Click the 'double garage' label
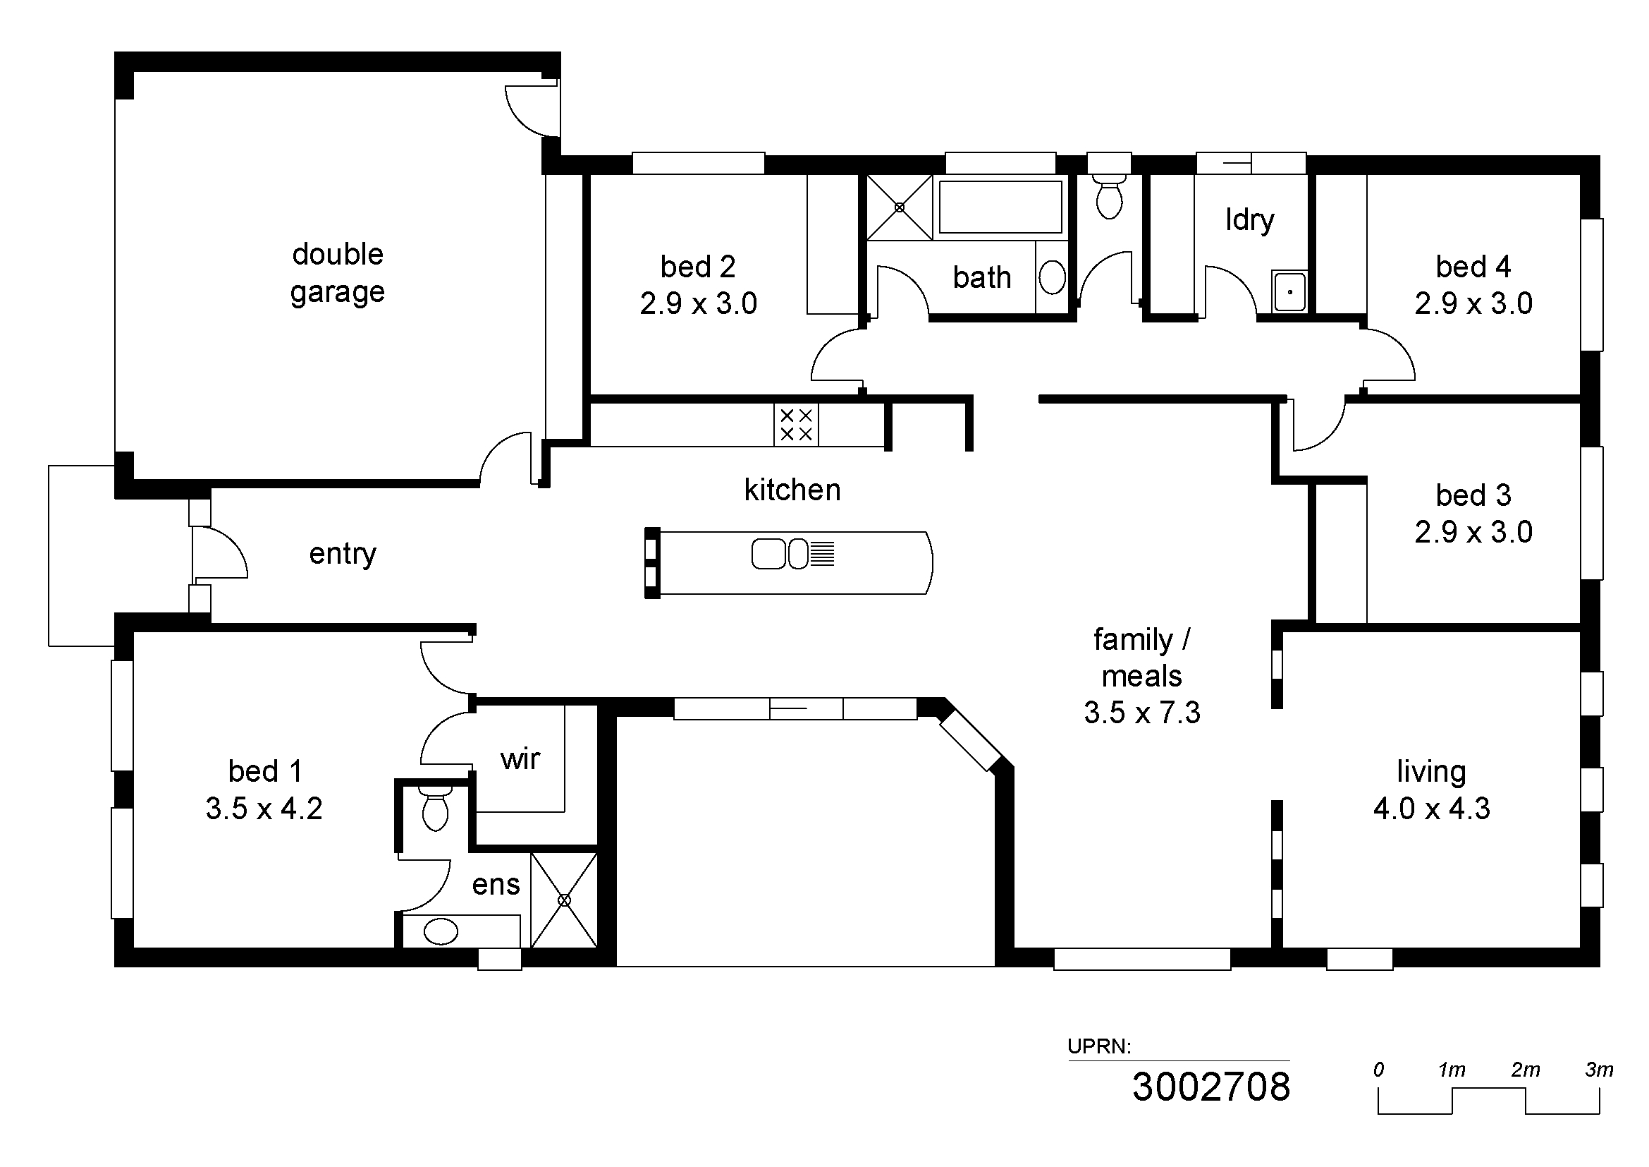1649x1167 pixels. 338,274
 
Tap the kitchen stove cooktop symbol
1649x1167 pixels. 796,425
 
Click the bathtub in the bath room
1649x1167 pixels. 1000,207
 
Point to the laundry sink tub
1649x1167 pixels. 1289,291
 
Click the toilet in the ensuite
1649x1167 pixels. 435,808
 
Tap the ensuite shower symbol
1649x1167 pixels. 564,900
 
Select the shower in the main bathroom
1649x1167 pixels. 899,207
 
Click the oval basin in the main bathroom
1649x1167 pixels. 1052,277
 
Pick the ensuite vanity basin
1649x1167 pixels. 441,932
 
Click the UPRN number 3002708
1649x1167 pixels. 1211,1087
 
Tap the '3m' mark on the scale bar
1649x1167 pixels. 1599,1070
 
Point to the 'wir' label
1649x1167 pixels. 520,759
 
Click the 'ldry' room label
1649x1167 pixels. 1250,220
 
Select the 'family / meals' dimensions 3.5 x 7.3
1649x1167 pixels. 1142,713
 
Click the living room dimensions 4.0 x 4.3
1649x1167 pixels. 1431,809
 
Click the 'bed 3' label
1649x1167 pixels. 1473,495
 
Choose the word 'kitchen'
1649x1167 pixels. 792,490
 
